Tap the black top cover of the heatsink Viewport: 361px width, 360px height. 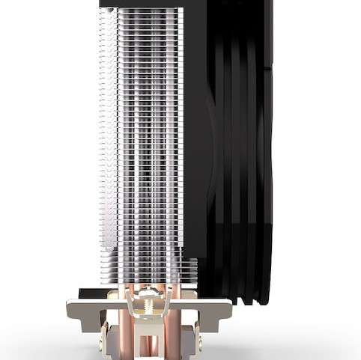tap(142, 4)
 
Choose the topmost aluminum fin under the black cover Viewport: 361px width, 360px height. tap(142, 10)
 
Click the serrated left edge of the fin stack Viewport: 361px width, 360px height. tap(101, 150)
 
